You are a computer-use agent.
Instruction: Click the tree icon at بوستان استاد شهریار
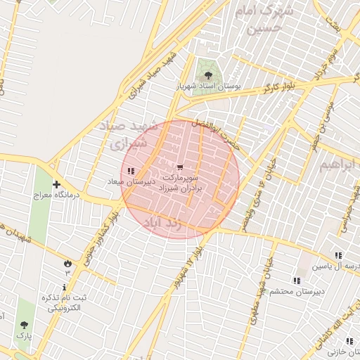[x=207, y=72]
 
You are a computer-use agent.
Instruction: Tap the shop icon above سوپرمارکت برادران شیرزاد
[x=181, y=167]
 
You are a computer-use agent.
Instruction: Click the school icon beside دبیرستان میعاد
[x=131, y=172]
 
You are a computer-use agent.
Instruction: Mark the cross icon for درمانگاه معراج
[x=56, y=184]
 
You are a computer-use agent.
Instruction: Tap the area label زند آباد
[x=162, y=223]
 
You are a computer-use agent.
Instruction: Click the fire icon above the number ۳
[x=67, y=262]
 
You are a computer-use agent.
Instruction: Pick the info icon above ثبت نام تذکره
[x=65, y=287]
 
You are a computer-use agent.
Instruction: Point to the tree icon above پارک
[x=25, y=325]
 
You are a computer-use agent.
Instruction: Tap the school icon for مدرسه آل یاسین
[x=338, y=256]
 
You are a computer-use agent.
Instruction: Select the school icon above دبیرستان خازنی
[x=330, y=321]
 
